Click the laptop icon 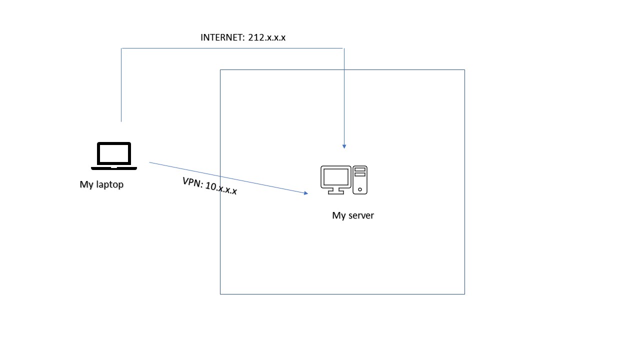coord(114,155)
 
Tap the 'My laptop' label coord(101,184)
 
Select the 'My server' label coord(353,215)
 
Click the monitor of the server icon coord(335,177)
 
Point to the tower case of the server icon coord(360,179)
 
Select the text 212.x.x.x coord(267,37)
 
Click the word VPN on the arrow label coord(192,182)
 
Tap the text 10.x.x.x coord(221,188)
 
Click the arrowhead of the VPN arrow coord(305,193)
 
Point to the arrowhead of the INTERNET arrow coord(344,146)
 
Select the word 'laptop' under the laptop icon coord(109,184)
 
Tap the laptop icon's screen coord(114,153)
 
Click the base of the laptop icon coord(114,167)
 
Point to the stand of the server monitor coord(336,190)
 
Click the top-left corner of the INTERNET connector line coord(121,48)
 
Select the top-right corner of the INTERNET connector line coord(343,48)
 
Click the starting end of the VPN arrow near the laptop coord(150,162)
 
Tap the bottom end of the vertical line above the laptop coord(121,121)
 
